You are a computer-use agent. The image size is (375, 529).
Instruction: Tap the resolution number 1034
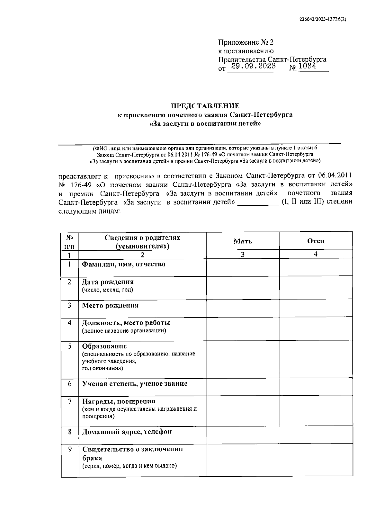click(x=307, y=66)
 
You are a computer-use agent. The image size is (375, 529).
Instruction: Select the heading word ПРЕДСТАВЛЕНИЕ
click(x=205, y=106)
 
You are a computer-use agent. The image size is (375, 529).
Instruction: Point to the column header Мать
click(x=243, y=241)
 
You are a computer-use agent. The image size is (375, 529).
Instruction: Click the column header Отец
click(x=316, y=241)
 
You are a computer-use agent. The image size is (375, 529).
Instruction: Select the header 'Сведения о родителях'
click(x=142, y=238)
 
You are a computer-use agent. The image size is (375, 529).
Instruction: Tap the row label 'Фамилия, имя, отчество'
click(x=123, y=264)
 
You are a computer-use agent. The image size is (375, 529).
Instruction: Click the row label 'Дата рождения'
click(x=108, y=282)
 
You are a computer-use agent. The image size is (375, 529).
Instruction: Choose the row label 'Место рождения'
click(x=110, y=305)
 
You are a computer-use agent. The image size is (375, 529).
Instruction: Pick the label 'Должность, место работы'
click(x=126, y=323)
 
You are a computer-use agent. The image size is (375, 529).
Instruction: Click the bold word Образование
click(x=104, y=346)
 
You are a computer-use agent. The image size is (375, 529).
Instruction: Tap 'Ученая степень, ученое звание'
click(x=135, y=384)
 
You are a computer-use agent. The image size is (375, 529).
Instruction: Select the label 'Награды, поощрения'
click(x=118, y=401)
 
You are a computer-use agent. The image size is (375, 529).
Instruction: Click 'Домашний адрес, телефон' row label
click(x=127, y=432)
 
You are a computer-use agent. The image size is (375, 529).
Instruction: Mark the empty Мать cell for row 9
click(x=243, y=460)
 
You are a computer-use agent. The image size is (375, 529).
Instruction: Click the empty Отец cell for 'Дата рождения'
click(x=316, y=288)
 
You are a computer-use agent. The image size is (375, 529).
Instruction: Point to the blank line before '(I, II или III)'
click(x=258, y=202)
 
